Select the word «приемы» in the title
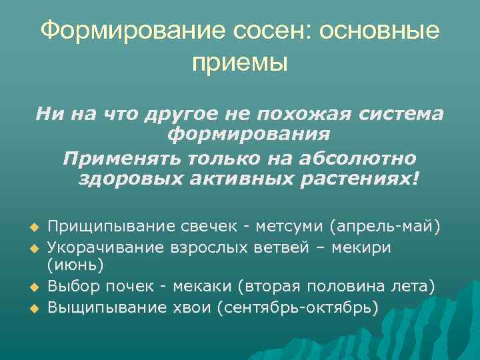pos(240,64)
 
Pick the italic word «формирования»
pos(249,135)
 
